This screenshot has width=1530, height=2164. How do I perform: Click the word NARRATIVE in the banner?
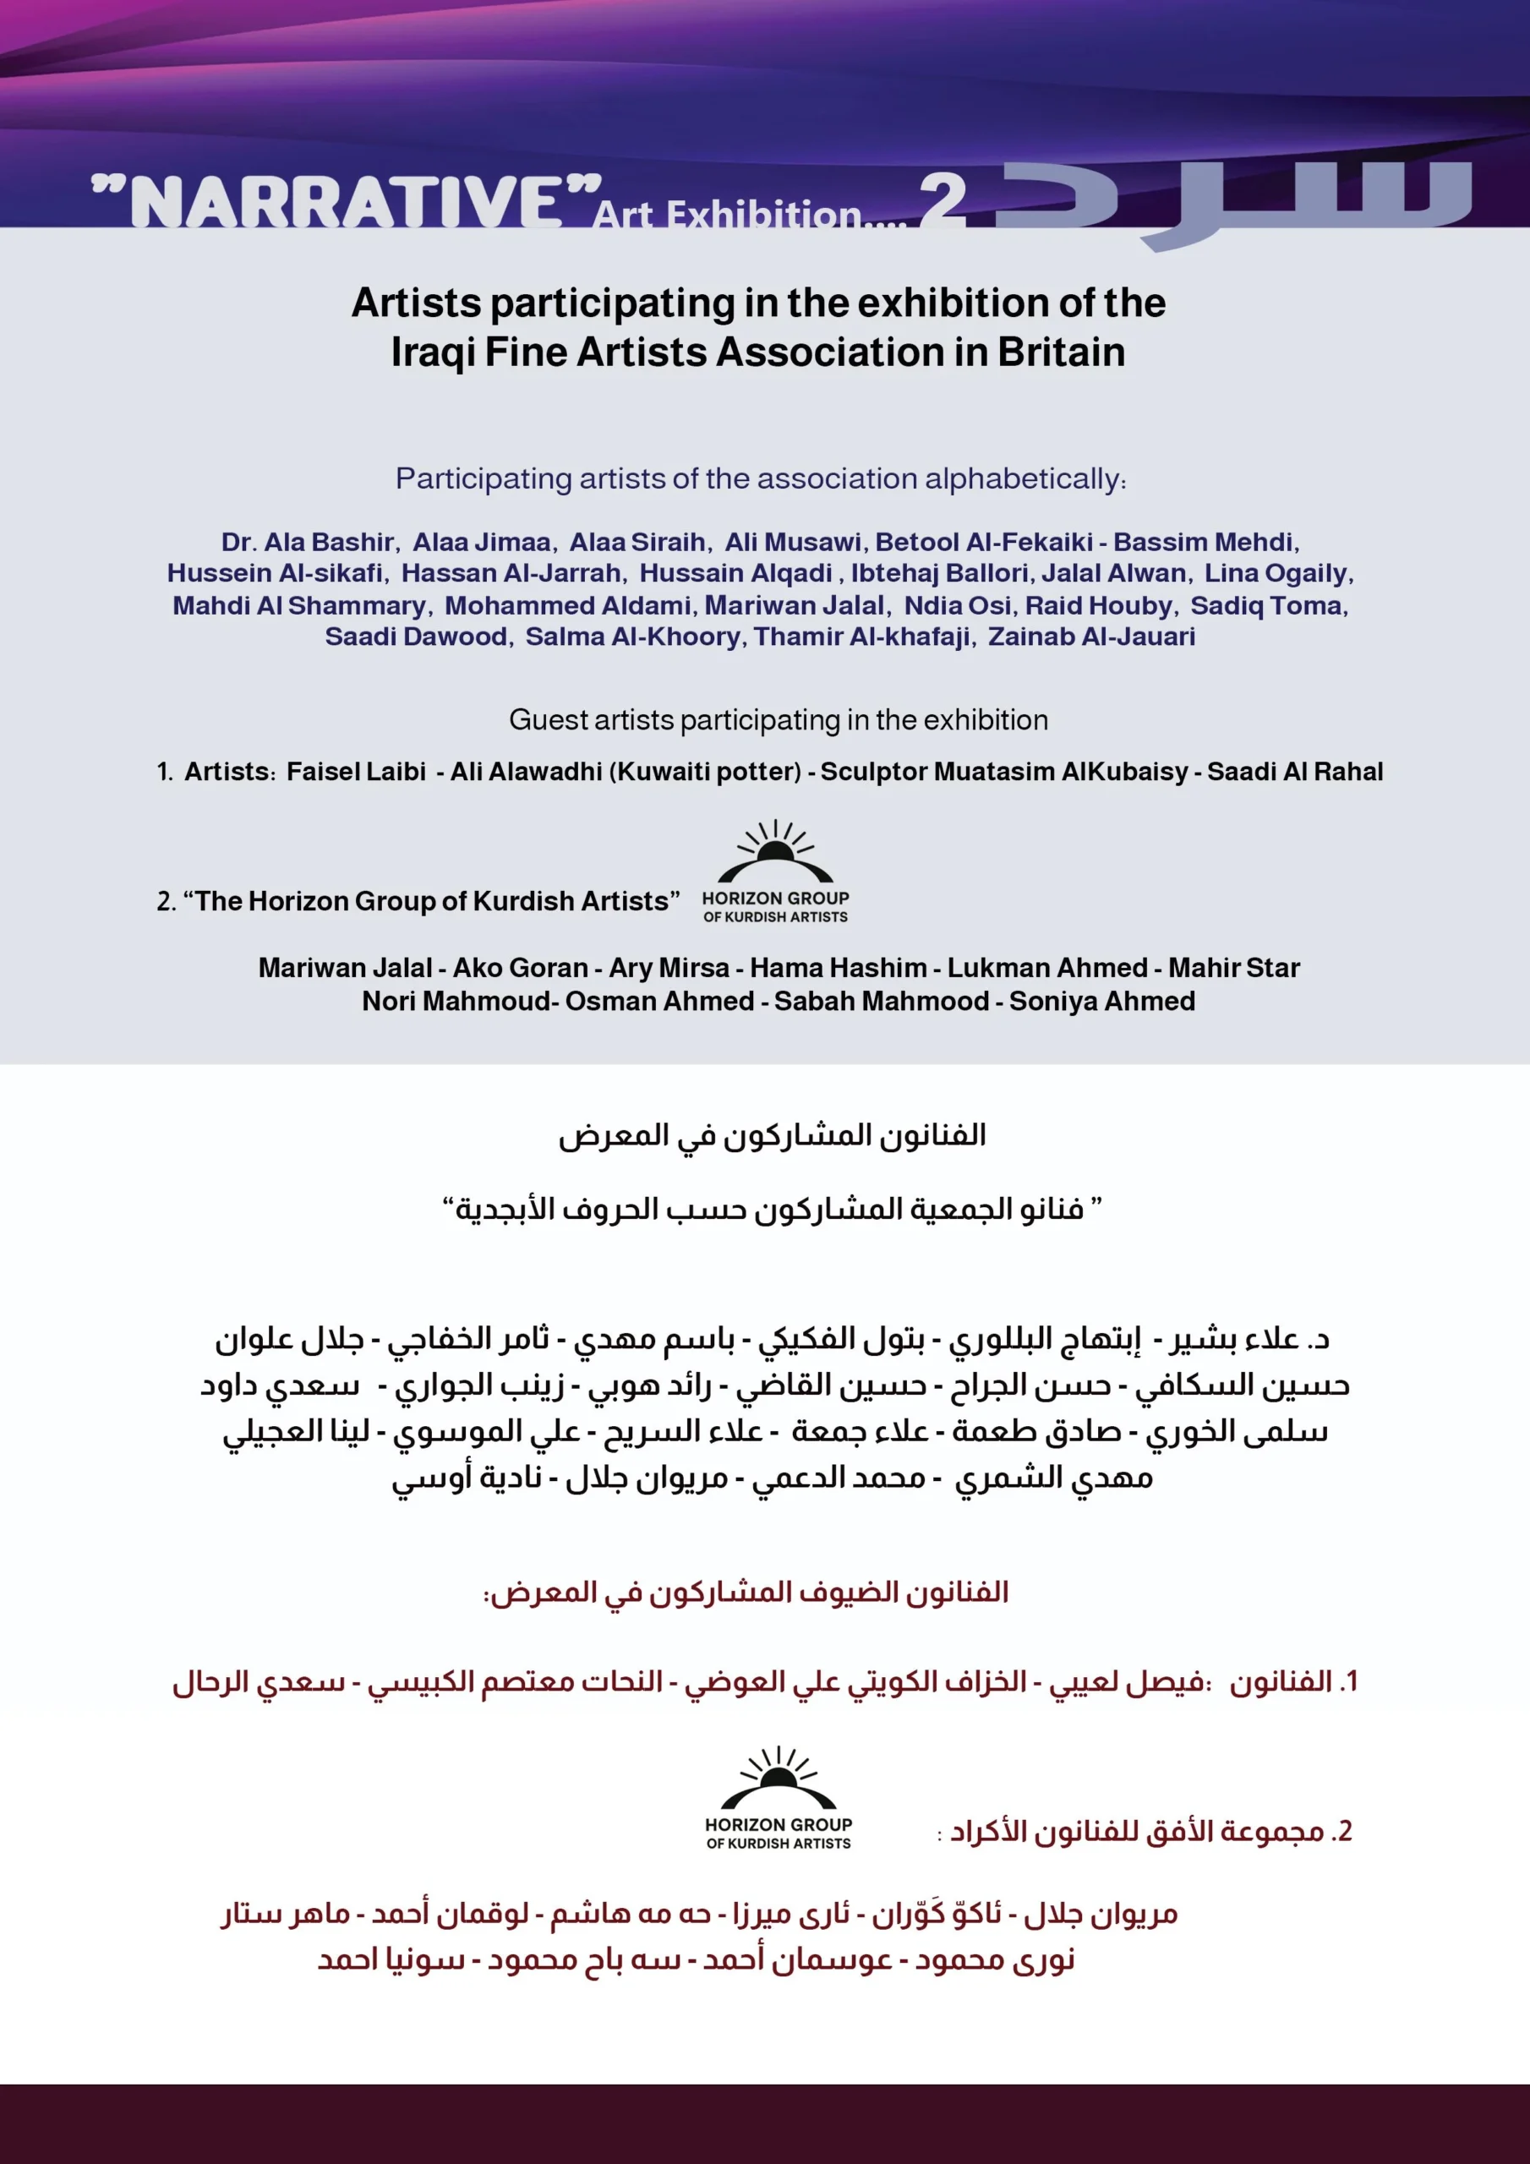pyautogui.click(x=345, y=202)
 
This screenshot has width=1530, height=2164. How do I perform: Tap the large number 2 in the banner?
pyautogui.click(x=943, y=202)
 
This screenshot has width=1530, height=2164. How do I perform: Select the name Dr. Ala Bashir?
pyautogui.click(x=308, y=542)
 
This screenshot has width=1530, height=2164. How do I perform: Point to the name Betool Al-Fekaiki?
pyautogui.click(x=984, y=542)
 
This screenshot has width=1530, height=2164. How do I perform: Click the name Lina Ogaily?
pyautogui.click(x=1277, y=573)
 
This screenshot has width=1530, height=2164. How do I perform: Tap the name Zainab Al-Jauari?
pyautogui.click(x=1090, y=637)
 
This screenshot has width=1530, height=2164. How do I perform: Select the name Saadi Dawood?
pyautogui.click(x=417, y=637)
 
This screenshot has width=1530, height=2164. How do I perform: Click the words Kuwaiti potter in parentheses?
pyautogui.click(x=704, y=771)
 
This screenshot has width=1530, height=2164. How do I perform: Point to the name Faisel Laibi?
pyautogui.click(x=357, y=771)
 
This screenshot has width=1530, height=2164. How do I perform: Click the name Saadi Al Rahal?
pyautogui.click(x=1294, y=771)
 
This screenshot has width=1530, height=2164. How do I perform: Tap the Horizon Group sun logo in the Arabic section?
pyautogui.click(x=778, y=1778)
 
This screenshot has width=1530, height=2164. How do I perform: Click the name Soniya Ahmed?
pyautogui.click(x=1102, y=1001)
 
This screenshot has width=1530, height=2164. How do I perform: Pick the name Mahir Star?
pyautogui.click(x=1234, y=968)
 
